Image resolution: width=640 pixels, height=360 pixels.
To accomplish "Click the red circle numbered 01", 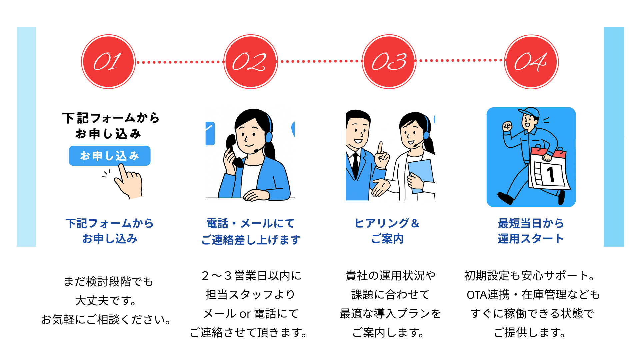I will click(x=108, y=62).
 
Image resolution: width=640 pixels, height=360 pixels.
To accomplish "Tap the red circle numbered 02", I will click(x=250, y=62).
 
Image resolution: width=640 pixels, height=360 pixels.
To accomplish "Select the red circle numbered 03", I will click(x=389, y=62).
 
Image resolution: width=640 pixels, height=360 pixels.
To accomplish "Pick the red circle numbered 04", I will click(x=531, y=62).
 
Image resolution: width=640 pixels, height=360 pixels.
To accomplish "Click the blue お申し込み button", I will click(x=110, y=156).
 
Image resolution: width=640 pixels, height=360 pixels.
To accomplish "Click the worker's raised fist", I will click(x=507, y=126).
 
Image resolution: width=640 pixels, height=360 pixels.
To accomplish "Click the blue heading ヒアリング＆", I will click(x=387, y=223).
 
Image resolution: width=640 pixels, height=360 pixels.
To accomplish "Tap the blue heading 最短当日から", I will click(x=531, y=223).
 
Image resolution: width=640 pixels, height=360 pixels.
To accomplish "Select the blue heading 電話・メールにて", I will click(x=250, y=223).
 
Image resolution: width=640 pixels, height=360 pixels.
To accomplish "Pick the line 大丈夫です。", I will click(x=106, y=301).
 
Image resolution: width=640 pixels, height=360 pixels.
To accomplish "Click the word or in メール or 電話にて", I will click(x=245, y=314).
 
